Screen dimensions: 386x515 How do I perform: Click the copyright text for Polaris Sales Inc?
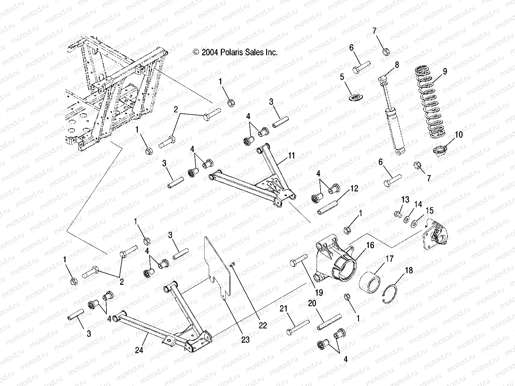(x=235, y=52)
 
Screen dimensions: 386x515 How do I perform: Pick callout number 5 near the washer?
(x=342, y=77)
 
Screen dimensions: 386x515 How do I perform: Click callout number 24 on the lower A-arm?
(x=139, y=350)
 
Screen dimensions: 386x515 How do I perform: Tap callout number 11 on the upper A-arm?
(x=291, y=156)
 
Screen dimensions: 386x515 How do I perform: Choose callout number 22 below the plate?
(x=263, y=325)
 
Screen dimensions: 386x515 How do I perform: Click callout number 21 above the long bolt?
(x=284, y=309)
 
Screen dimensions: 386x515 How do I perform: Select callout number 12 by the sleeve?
(x=354, y=188)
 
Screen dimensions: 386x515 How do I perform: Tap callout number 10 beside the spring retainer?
(x=459, y=134)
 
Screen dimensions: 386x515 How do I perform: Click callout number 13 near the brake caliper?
(x=405, y=200)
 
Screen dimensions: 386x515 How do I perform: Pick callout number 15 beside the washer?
(x=430, y=211)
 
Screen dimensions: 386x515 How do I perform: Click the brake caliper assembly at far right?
(x=436, y=234)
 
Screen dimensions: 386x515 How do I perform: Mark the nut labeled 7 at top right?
(x=385, y=52)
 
